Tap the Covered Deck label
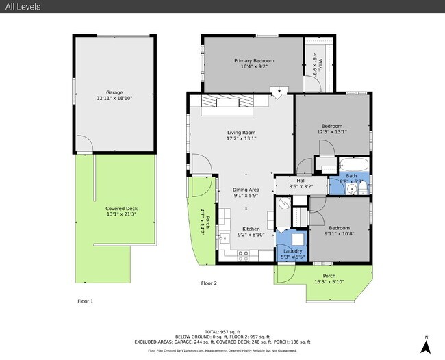103,208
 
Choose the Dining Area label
246,190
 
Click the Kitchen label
251,229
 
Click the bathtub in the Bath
353,165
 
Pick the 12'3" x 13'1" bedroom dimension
332,132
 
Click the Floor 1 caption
85,301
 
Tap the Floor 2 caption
208,283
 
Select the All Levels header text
23,7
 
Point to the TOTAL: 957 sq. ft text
223,332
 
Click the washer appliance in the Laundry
298,238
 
